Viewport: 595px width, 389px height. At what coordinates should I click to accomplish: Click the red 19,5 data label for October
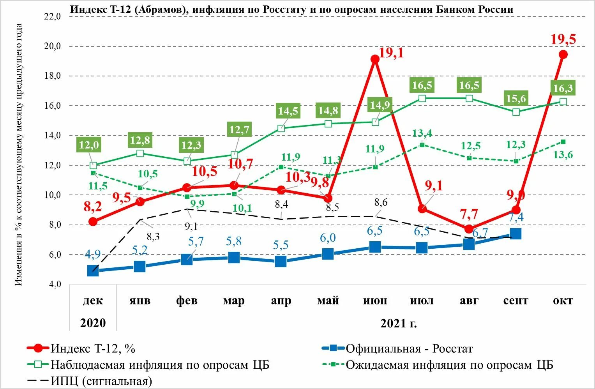(563, 39)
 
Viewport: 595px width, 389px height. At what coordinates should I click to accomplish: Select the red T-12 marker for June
(375, 59)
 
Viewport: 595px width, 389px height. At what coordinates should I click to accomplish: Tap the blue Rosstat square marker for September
(516, 233)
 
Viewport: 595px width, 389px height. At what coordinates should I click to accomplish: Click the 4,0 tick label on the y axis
(55, 284)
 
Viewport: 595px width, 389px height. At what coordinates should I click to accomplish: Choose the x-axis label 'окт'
(563, 301)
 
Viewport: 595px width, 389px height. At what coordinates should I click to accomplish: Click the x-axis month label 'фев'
(187, 301)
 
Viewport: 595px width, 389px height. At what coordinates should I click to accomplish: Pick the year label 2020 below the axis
(93, 323)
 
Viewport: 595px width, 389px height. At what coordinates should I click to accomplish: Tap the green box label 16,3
(563, 88)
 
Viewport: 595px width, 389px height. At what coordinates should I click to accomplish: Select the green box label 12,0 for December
(89, 145)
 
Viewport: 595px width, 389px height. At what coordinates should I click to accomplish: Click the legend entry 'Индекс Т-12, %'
(93, 348)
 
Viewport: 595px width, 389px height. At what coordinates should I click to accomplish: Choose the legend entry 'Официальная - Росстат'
(409, 348)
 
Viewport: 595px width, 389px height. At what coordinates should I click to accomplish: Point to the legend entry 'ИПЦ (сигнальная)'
(101, 381)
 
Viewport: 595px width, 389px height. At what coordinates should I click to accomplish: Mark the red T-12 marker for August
(469, 229)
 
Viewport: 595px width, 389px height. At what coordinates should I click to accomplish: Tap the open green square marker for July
(422, 98)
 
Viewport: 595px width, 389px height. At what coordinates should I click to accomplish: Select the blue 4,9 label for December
(93, 255)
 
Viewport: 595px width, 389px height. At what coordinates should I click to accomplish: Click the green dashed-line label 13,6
(563, 155)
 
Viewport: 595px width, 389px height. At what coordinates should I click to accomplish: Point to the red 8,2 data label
(93, 207)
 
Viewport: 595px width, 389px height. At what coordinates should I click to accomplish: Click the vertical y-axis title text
(19, 155)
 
